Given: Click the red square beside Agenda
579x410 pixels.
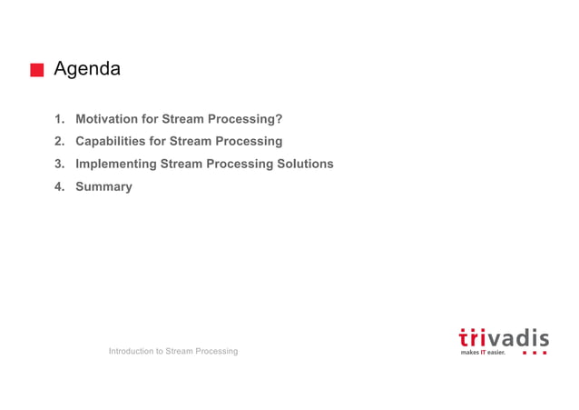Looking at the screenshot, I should tap(37, 70).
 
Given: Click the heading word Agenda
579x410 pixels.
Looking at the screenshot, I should tap(87, 69).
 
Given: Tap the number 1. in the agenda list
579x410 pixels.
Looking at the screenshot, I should tap(59, 119).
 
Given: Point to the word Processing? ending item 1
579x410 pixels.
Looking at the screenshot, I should tap(246, 119).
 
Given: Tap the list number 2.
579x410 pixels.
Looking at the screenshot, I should tap(59, 142).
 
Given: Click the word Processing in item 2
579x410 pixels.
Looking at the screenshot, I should tap(247, 142).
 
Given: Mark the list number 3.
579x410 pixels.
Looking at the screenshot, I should tap(59, 165).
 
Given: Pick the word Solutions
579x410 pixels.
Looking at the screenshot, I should tap(304, 165).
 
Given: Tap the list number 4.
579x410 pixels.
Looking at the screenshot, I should tap(59, 186).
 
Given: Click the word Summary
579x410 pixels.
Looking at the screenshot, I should tap(103, 186).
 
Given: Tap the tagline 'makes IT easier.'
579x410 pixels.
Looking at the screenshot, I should tap(483, 352).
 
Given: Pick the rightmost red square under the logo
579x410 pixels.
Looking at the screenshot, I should tap(545, 352).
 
